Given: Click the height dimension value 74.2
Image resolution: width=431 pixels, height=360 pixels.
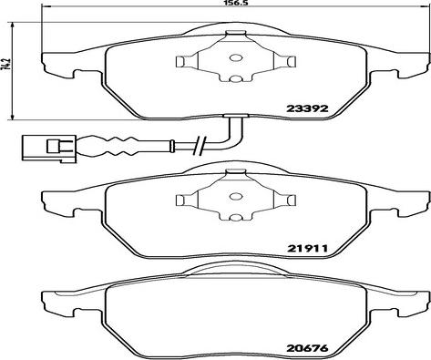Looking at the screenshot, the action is pos(5,64).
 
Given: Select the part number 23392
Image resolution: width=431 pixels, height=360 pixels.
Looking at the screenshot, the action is pos(307,108).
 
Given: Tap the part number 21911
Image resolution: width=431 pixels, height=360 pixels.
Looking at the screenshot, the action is pos(307,249).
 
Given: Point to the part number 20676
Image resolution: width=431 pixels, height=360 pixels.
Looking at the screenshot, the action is pos(307,348).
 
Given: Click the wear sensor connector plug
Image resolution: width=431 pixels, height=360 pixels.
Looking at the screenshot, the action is pos(48,148).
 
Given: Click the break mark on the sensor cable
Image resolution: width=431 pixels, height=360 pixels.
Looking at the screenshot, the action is pos(200,145).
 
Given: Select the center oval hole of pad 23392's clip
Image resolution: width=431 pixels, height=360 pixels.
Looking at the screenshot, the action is pos(235,57).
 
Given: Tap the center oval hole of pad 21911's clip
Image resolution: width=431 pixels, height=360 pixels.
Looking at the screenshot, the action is pos(235,196).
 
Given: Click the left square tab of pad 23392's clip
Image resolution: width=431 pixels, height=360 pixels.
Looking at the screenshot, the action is pos(180,61).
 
